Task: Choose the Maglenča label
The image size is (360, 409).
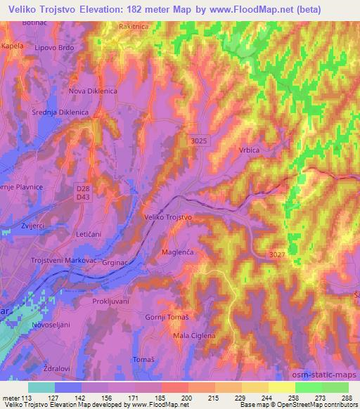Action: (x=177, y=251)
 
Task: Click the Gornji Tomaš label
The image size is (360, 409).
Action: (x=167, y=318)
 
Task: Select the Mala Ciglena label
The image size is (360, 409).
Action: (x=194, y=336)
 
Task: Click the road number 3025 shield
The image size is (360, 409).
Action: (x=198, y=141)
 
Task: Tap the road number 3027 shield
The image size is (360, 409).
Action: (x=276, y=254)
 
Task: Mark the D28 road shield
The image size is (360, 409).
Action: (x=84, y=188)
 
